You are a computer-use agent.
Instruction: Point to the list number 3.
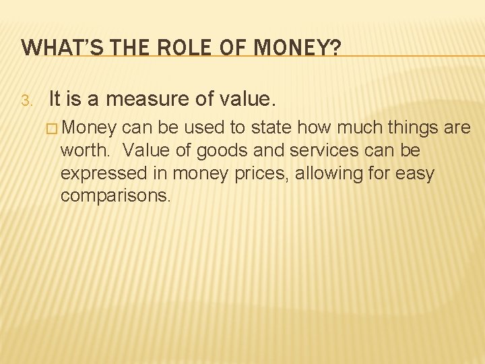[25, 102]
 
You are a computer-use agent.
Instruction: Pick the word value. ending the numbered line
[247, 100]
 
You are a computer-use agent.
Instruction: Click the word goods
[237, 150]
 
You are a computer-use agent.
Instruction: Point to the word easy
[416, 173]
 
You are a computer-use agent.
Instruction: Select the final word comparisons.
[115, 195]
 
